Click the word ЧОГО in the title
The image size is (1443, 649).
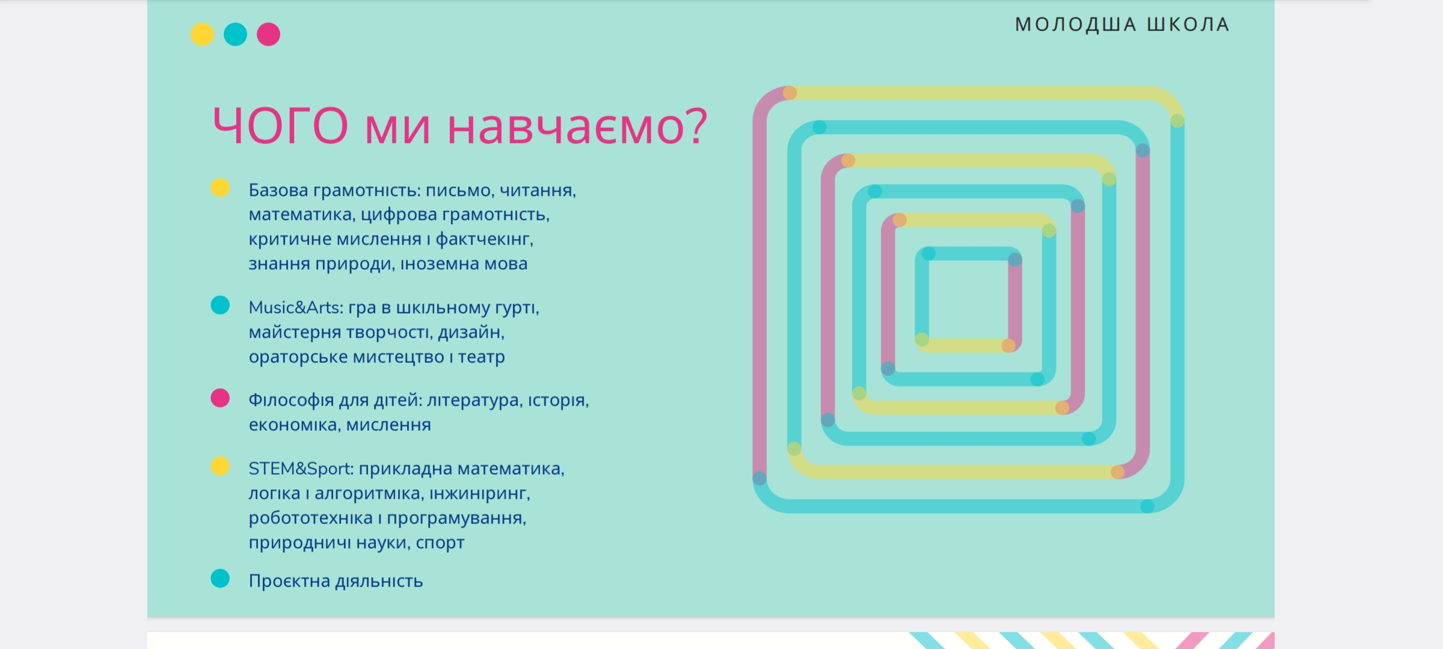(281, 126)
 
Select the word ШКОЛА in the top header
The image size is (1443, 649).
(1188, 24)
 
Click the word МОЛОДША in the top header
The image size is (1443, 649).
(1076, 24)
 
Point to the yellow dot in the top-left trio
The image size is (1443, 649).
(202, 34)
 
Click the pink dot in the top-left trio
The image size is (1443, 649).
(268, 34)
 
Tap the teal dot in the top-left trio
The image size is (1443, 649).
(235, 34)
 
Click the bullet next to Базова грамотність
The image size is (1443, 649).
(220, 187)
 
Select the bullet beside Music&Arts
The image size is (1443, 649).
(220, 305)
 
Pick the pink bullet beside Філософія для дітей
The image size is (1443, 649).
(220, 398)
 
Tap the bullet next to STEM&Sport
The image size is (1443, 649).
(220, 466)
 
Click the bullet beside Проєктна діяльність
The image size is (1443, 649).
(220, 579)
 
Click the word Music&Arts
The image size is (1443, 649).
(296, 307)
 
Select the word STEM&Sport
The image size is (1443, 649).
(301, 468)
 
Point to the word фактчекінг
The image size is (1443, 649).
(484, 239)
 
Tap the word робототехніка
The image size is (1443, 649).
(311, 517)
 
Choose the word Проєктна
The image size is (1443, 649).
(289, 581)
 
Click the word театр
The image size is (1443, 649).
(482, 358)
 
